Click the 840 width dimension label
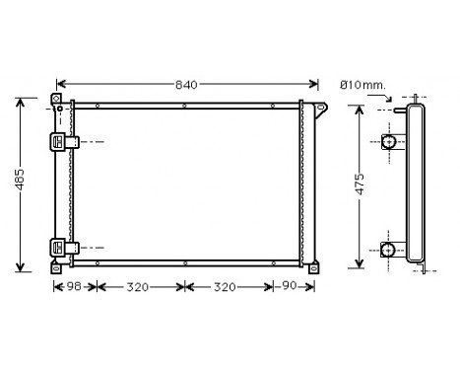click(186, 85)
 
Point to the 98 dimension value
click(74, 287)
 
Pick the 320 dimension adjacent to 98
click(140, 287)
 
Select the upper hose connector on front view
click(62, 142)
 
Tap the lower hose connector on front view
click(62, 247)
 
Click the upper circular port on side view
click(390, 142)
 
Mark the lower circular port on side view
click(390, 250)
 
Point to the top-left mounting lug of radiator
click(57, 100)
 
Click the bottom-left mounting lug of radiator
click(57, 266)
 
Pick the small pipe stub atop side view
click(399, 108)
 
